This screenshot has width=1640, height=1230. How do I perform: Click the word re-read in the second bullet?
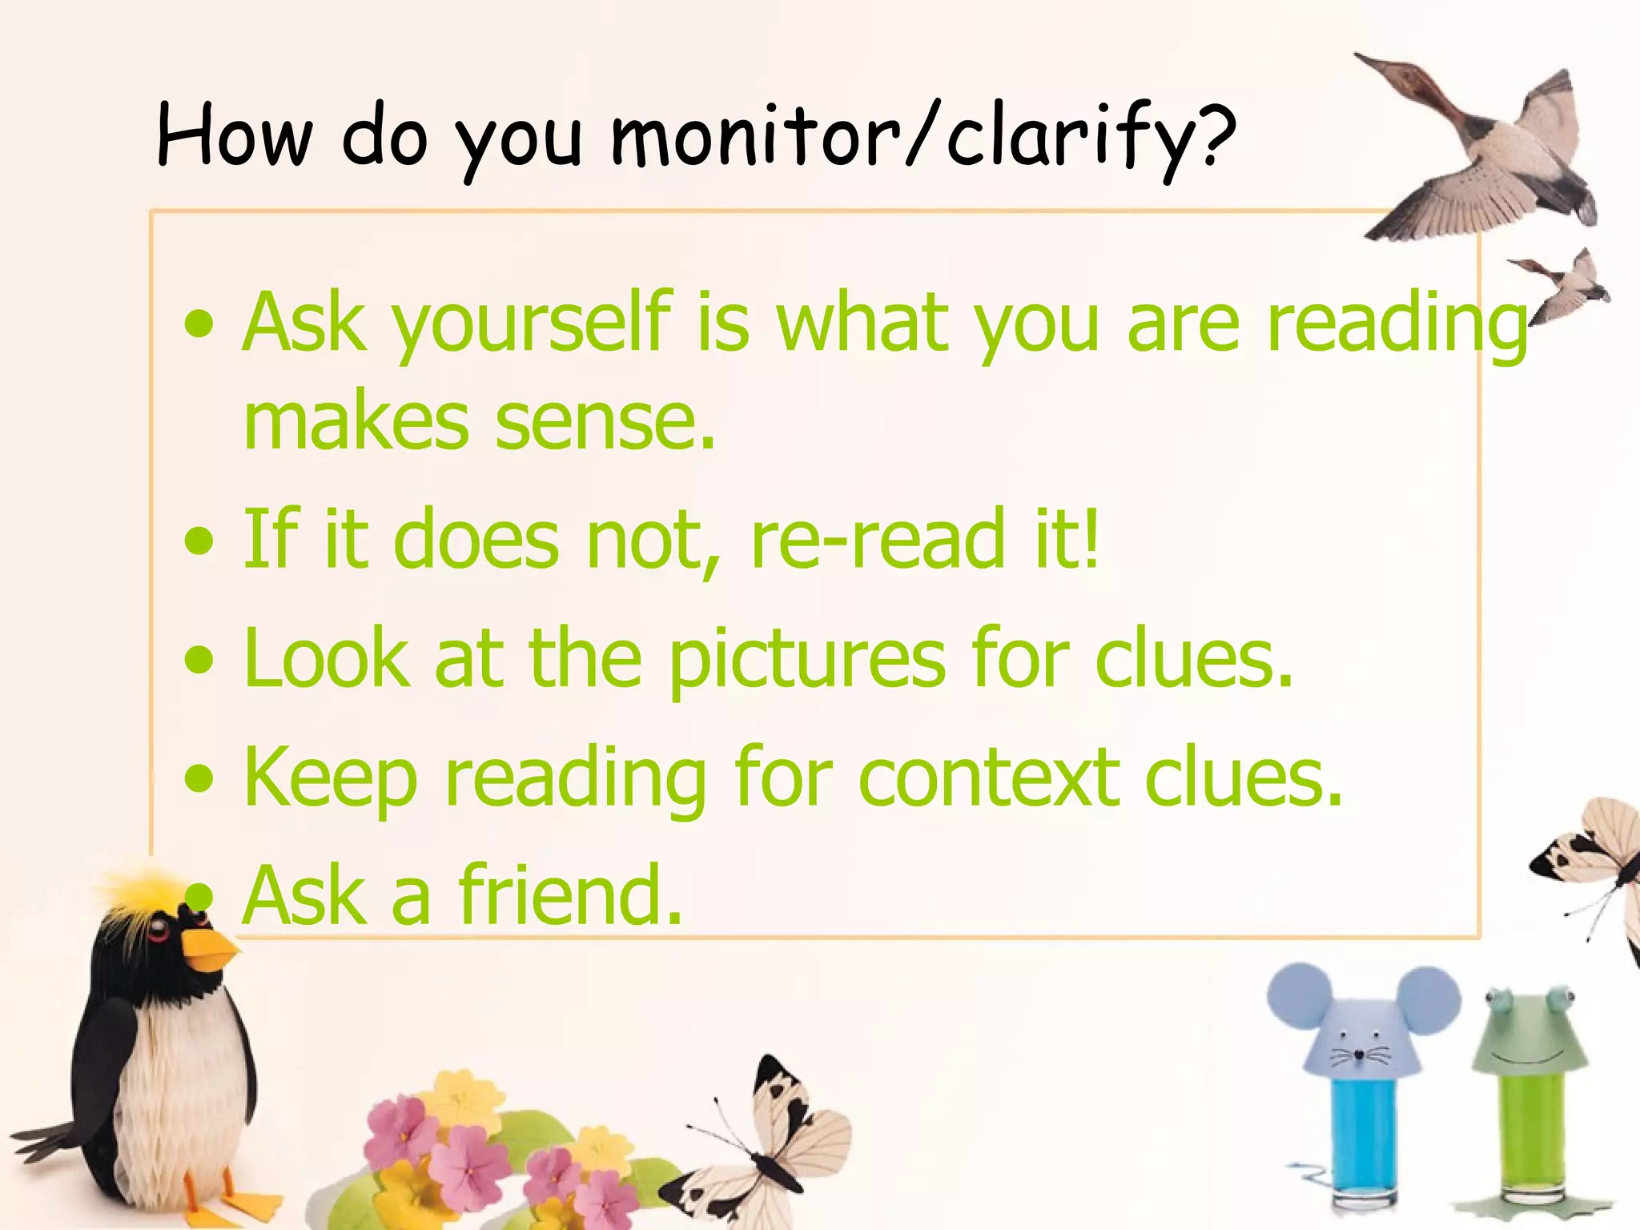[878, 540]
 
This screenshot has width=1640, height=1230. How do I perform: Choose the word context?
[989, 778]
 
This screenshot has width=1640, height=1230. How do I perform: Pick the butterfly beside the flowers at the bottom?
[769, 1145]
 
